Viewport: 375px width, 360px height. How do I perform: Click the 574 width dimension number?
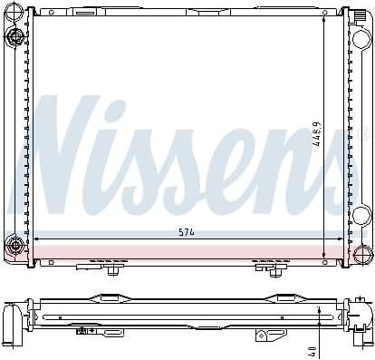187,232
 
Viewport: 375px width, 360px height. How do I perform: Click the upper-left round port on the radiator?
15,36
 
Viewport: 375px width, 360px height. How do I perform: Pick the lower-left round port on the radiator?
15,244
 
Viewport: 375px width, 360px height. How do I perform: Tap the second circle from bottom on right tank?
361,216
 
